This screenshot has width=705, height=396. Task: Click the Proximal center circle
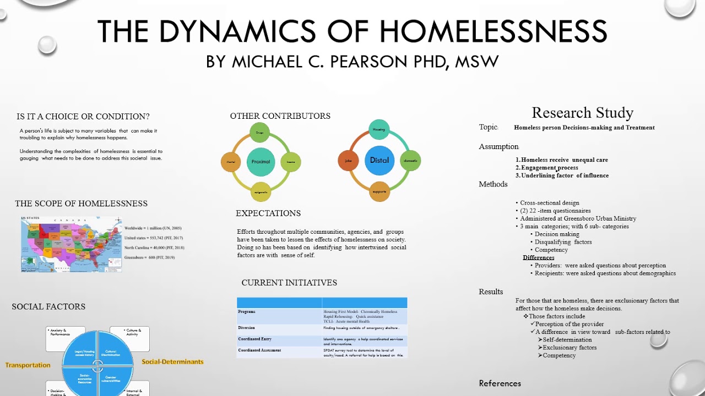261,162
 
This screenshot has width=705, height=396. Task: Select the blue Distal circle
379,160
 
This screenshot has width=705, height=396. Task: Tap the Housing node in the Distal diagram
379,130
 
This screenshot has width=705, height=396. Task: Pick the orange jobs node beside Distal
348,161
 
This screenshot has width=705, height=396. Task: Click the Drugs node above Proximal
259,133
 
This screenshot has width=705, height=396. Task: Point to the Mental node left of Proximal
231,162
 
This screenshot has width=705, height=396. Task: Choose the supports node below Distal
379,191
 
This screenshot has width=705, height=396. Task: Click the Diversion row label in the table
247,328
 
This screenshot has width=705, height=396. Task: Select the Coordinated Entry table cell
255,339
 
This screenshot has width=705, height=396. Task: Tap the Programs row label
247,312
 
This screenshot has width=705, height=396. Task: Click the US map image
71,244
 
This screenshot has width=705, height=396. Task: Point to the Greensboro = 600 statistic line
149,257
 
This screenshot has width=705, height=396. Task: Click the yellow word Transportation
28,365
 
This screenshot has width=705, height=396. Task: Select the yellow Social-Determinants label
172,362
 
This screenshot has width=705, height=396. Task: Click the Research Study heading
582,113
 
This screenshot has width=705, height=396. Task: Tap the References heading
500,383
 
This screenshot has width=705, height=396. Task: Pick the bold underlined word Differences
538,257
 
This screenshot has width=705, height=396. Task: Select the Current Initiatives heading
289,283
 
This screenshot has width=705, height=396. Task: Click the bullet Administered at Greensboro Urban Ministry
578,218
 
